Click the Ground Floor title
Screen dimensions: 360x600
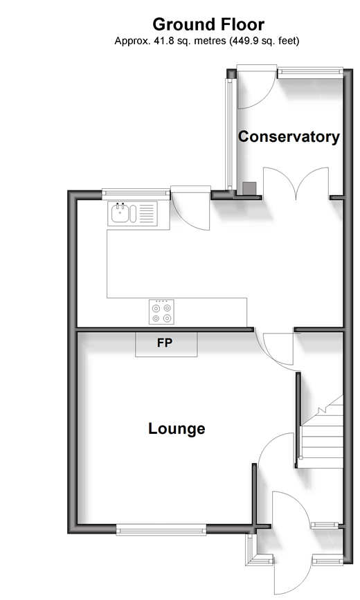[x=208, y=24]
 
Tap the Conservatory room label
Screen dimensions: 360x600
[x=289, y=136]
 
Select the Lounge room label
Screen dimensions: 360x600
[x=177, y=428]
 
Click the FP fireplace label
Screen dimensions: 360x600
[x=165, y=343]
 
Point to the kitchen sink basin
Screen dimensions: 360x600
[x=120, y=214]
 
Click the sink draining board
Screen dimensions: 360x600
[x=147, y=214]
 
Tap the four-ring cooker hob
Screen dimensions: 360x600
[x=161, y=312]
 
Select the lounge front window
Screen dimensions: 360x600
[x=161, y=529]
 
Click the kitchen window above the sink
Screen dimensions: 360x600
[x=136, y=194]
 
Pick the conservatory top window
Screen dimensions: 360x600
[x=310, y=73]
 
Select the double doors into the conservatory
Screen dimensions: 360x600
[x=296, y=183]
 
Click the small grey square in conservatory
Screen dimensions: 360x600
[x=249, y=189]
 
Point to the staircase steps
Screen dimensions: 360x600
[x=322, y=432]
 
